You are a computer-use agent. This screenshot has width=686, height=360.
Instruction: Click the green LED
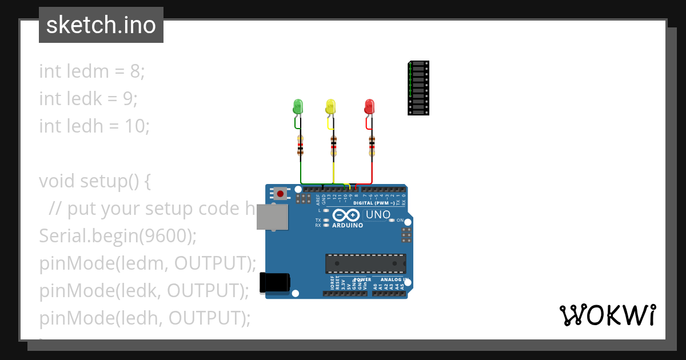(298, 106)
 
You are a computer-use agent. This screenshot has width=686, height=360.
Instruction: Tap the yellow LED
(330, 106)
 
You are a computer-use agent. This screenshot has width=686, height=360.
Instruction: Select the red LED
(369, 106)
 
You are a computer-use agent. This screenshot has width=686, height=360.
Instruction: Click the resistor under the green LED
(300, 146)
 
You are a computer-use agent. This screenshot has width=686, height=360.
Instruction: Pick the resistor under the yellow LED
(334, 146)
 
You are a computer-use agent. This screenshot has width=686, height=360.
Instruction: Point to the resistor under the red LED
(372, 146)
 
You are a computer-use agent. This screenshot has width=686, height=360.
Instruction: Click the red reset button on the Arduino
(280, 193)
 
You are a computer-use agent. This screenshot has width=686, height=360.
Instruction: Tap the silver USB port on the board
(272, 218)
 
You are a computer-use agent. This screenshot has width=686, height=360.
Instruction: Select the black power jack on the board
(275, 283)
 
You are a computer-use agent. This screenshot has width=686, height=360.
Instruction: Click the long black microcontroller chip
(366, 263)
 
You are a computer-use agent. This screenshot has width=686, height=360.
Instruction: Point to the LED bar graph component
(418, 88)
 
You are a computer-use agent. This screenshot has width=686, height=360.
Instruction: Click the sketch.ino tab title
(101, 25)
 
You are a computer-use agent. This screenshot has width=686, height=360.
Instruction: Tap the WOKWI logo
(608, 315)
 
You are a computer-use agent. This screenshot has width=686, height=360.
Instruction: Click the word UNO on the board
(378, 215)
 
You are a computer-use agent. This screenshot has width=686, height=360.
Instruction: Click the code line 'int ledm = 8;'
(92, 71)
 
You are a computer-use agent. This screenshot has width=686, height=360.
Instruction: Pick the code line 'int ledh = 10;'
(94, 126)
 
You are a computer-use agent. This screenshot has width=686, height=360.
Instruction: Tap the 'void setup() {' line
(95, 181)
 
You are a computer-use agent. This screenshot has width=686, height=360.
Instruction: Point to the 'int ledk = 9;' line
(89, 99)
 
